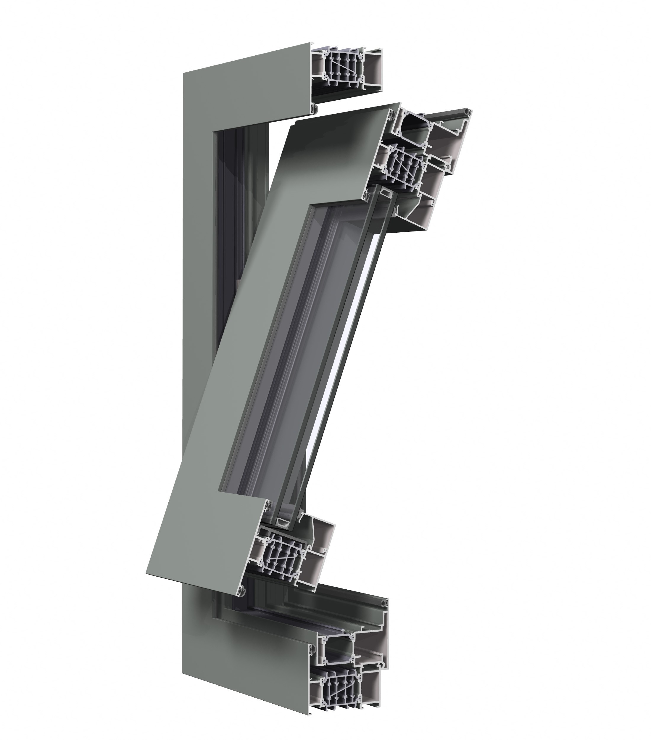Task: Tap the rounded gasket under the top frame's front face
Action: point(314,107)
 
